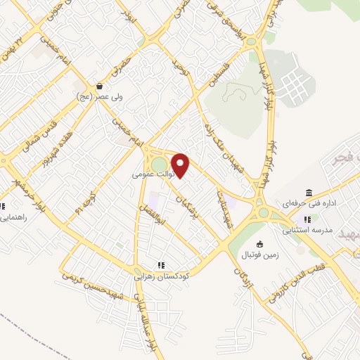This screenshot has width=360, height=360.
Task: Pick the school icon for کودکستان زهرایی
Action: [x=161, y=265]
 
